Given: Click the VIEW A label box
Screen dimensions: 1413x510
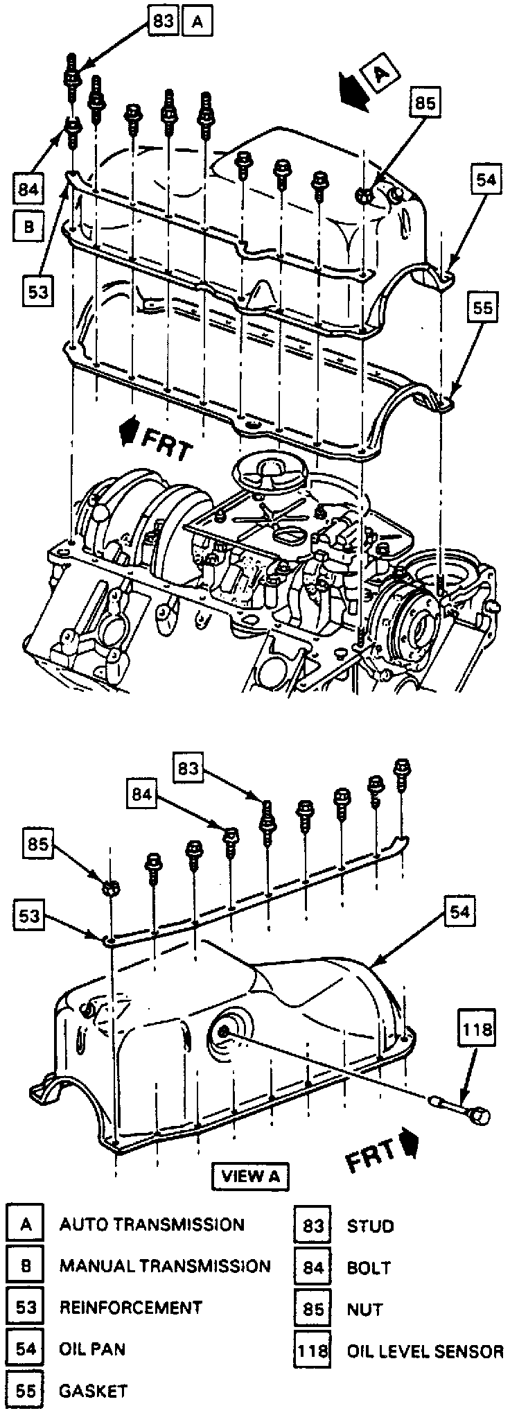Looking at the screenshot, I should tap(250, 1175).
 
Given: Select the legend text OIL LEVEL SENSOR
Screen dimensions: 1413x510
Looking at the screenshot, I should tap(425, 1351).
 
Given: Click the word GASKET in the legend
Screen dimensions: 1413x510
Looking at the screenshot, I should tap(94, 1390).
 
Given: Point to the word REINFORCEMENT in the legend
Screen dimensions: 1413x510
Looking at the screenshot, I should tap(131, 1308).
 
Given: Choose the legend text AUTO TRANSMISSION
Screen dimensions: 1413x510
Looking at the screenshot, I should tap(152, 1224).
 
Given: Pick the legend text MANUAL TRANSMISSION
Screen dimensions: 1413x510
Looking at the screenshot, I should tap(165, 1266).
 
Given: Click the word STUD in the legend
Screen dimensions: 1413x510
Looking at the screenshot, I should tap(370, 1226).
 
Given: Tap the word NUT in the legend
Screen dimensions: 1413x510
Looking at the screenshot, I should tap(364, 1309).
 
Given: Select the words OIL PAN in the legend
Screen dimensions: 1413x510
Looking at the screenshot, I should tap(92, 1349).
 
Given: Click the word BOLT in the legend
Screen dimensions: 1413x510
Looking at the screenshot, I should tap(369, 1267).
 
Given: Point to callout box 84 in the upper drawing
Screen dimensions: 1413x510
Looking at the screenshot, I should tap(28, 187).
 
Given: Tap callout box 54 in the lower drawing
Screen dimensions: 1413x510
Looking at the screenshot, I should tap(459, 912).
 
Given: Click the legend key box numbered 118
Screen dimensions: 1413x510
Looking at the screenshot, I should tap(313, 1351).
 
